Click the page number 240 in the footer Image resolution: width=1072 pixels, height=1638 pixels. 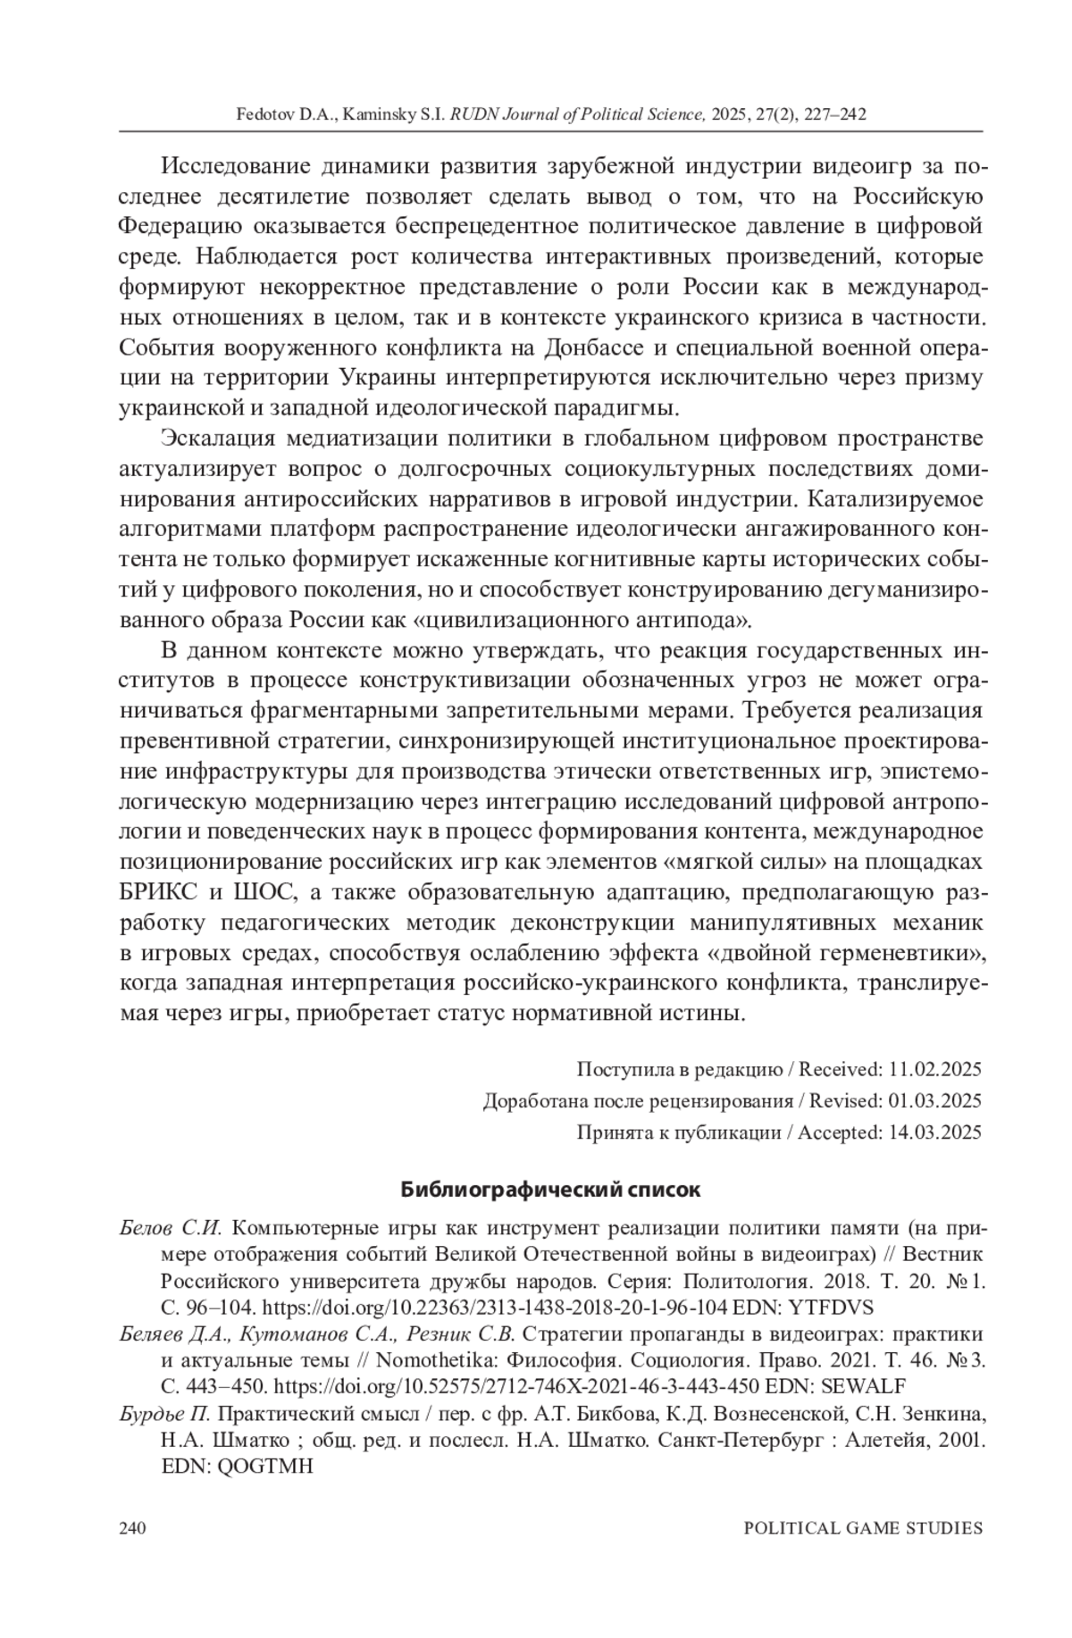pyautogui.click(x=132, y=1527)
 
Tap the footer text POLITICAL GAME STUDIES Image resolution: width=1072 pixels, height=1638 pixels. pyautogui.click(x=863, y=1527)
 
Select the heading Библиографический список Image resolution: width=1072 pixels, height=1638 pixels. pyautogui.click(x=550, y=1190)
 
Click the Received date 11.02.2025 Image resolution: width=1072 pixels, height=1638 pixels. pyautogui.click(x=936, y=1069)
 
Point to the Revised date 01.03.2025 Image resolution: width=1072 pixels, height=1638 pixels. pyautogui.click(x=936, y=1100)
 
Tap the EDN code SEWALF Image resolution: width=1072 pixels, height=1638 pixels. pyautogui.click(x=864, y=1386)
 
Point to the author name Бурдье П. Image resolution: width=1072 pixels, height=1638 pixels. pyautogui.click(x=164, y=1414)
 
